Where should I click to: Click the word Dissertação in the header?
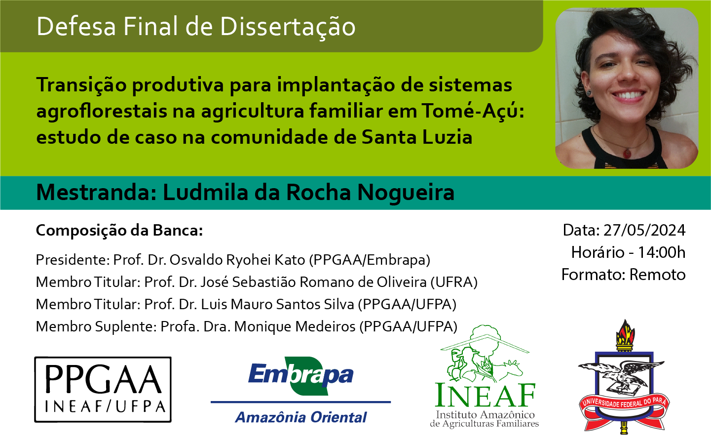pos(288,27)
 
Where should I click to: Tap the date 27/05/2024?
pos(644,230)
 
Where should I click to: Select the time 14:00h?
pos(662,252)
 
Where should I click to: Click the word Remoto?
pos(657,275)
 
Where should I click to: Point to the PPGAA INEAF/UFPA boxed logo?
pos(103,389)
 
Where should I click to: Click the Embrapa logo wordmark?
pos(300,375)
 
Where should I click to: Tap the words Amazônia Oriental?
pos(301,417)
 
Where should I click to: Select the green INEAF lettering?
pos(485,395)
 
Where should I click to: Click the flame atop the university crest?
pos(625,333)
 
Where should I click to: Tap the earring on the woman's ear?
pos(589,93)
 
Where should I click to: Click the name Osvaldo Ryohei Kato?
pos(237,260)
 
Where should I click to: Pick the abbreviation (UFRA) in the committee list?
pos(454,283)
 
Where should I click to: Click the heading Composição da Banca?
pos(119,231)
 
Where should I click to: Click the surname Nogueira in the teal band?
pos(406,193)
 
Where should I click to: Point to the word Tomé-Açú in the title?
pos(473,111)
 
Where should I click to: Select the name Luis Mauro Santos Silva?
pos(277,305)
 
